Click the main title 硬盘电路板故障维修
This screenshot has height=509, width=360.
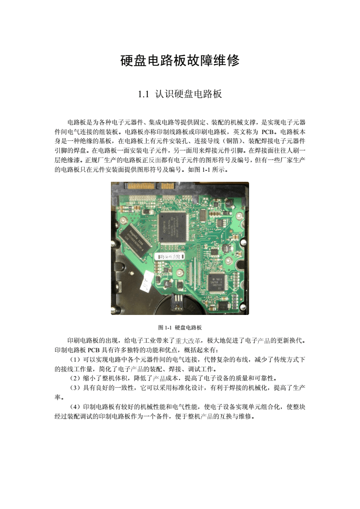click(180, 60)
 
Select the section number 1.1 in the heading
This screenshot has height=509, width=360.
click(144, 95)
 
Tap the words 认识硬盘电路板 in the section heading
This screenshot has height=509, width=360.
click(188, 95)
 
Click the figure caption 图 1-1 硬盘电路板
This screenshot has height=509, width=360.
click(180, 328)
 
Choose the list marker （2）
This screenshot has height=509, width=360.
click(74, 378)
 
